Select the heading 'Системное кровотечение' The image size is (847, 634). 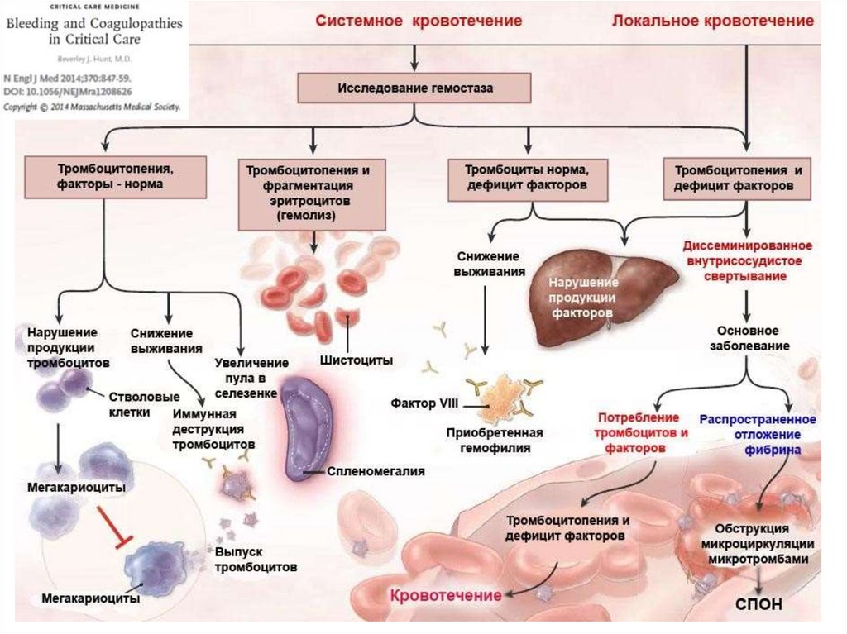(x=418, y=21)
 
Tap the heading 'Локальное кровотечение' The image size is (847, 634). (x=712, y=21)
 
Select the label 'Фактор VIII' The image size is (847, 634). (x=425, y=404)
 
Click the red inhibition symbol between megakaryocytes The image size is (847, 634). (x=113, y=526)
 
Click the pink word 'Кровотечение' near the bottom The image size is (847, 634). (x=445, y=595)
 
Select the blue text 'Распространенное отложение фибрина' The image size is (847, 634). (x=749, y=434)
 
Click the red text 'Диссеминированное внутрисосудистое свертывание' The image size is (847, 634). (x=747, y=260)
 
